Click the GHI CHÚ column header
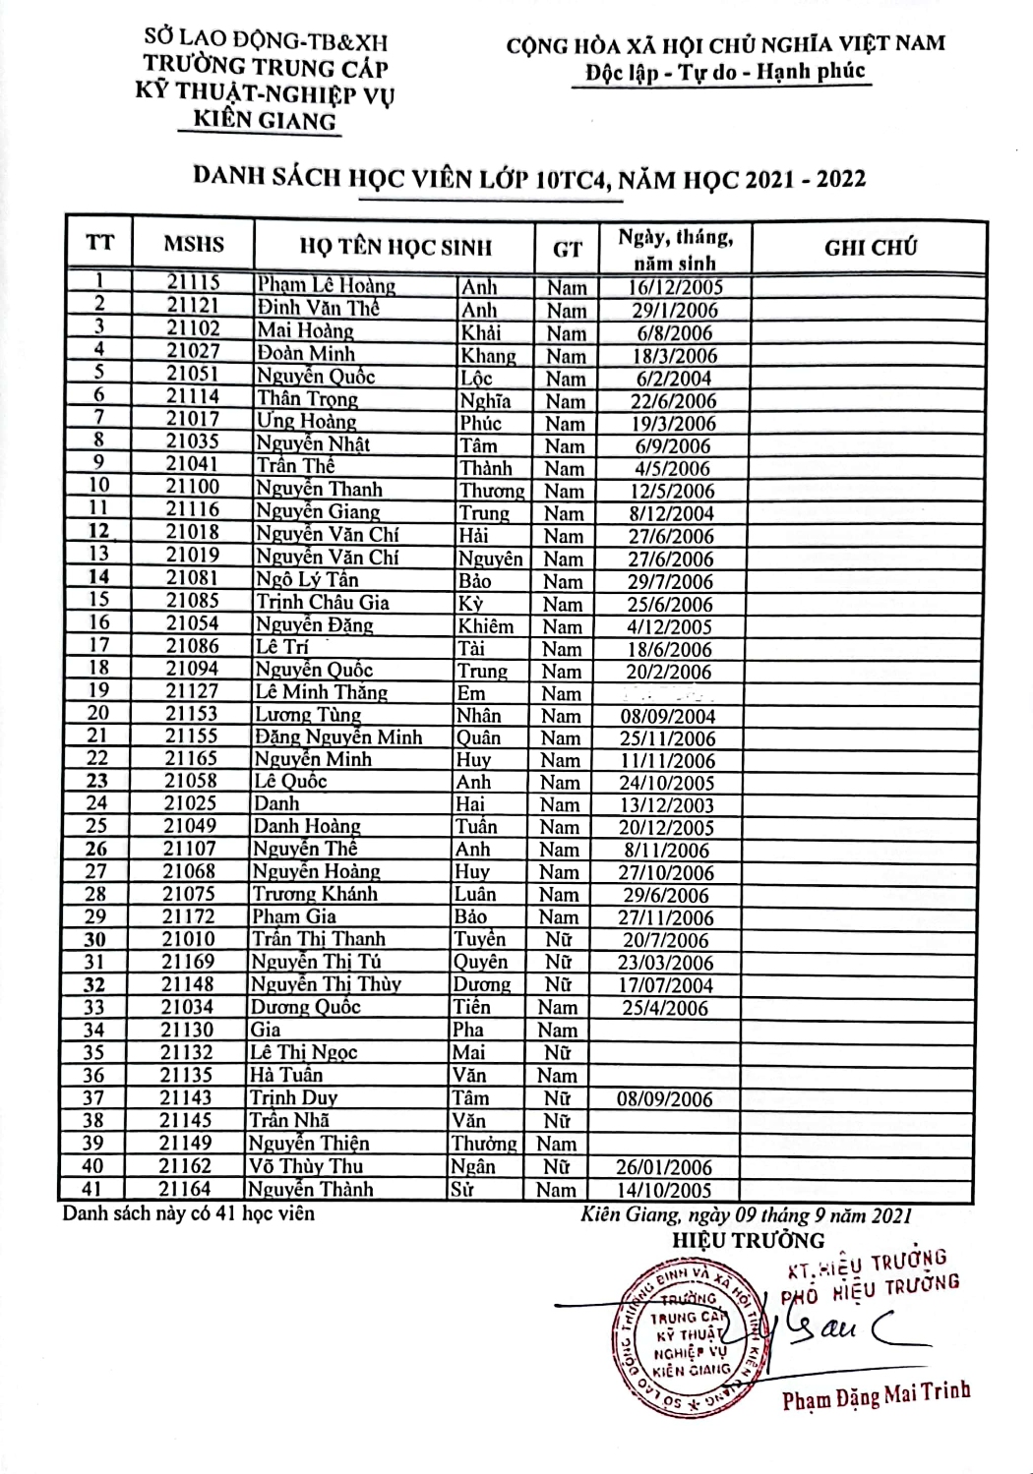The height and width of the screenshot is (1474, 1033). pos(870,247)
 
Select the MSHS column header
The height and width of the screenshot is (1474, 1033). pos(194,245)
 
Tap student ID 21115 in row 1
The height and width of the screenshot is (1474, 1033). pos(193,283)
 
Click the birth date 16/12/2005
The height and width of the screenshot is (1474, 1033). pos(676,287)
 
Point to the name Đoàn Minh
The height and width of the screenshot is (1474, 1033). pos(306,353)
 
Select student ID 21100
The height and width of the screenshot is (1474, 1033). pos(192,487)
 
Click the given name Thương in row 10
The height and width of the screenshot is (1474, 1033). pos(492,491)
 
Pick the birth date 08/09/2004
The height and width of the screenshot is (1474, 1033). pos(667,717)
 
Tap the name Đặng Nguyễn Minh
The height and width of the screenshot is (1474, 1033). pos(338,737)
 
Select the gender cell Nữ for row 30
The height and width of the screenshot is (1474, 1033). pos(559,940)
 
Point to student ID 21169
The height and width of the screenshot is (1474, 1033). pos(187,962)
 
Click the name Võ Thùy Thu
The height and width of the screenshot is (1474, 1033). pos(306,1166)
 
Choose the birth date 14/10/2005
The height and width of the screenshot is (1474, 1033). pos(664,1190)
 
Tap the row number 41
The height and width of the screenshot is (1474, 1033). pos(92,1189)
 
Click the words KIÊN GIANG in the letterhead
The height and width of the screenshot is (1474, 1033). pos(265,120)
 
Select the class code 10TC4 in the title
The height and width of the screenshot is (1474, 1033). pos(569,178)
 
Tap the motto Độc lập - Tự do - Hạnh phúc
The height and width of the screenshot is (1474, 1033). pos(724,72)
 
